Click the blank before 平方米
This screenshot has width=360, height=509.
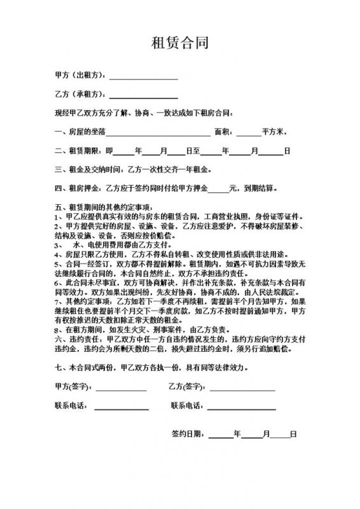pos(249,133)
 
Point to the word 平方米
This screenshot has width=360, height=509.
pos(276,132)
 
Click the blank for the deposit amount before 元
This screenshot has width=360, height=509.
pos(218,189)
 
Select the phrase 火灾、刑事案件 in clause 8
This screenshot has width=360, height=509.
pos(153,330)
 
